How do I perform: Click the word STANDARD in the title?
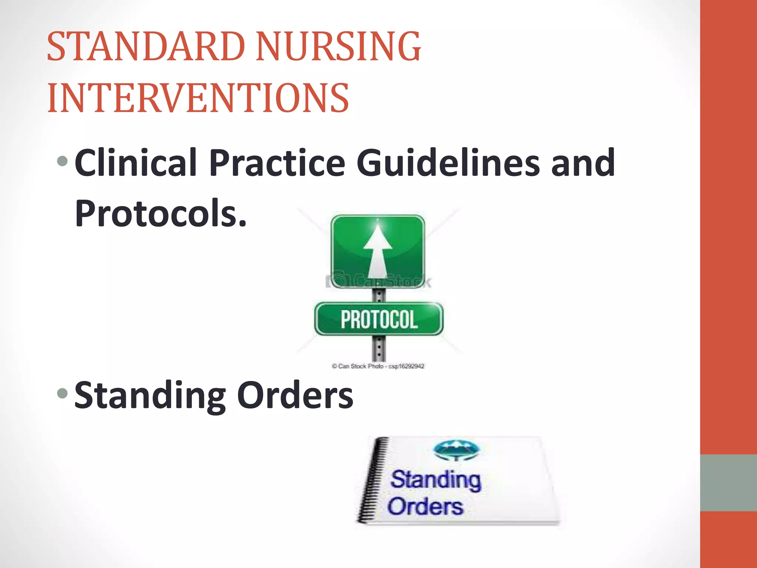pos(146,47)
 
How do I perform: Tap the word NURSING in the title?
pos(338,47)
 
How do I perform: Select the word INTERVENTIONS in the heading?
pos(198,98)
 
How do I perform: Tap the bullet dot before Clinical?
pos(63,161)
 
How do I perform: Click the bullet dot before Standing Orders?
pos(63,393)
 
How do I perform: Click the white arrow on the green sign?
pos(378,251)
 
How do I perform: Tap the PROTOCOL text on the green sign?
pos(379,320)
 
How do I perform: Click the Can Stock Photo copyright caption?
pos(378,366)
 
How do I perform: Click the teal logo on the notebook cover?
pos(456,450)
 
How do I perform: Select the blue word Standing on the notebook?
pos(436,480)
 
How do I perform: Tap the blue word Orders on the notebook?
pos(425,506)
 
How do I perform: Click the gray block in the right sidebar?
pos(728,483)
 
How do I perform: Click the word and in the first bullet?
pos(583,163)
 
